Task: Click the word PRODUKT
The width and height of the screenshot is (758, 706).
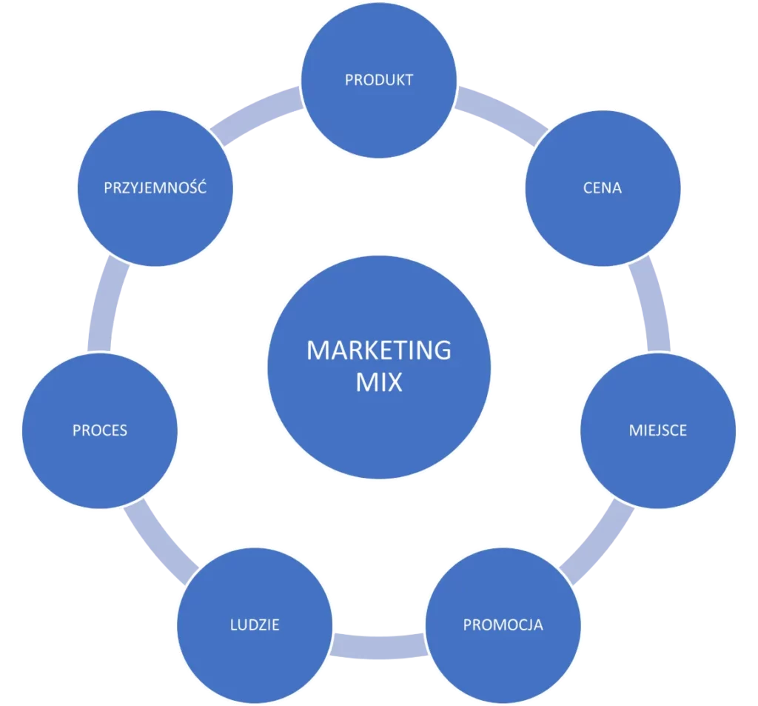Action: (x=378, y=80)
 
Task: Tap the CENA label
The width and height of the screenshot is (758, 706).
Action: (x=602, y=188)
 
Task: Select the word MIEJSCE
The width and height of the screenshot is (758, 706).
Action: (x=657, y=430)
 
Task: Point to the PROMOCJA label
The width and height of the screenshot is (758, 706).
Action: (x=503, y=625)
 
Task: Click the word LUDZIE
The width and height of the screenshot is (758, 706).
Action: (x=254, y=625)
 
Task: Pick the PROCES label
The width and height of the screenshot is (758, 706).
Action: (x=100, y=430)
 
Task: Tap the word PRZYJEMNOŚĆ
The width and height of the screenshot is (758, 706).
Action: (x=155, y=188)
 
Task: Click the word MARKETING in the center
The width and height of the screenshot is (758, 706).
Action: (x=378, y=349)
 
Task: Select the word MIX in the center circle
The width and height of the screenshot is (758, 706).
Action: (x=378, y=382)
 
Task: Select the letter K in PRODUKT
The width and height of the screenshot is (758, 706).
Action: (x=398, y=80)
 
